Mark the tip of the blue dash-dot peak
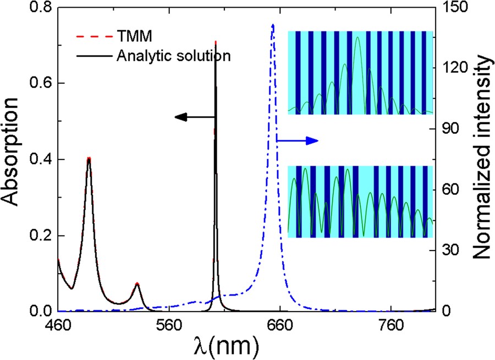pos(273,24)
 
